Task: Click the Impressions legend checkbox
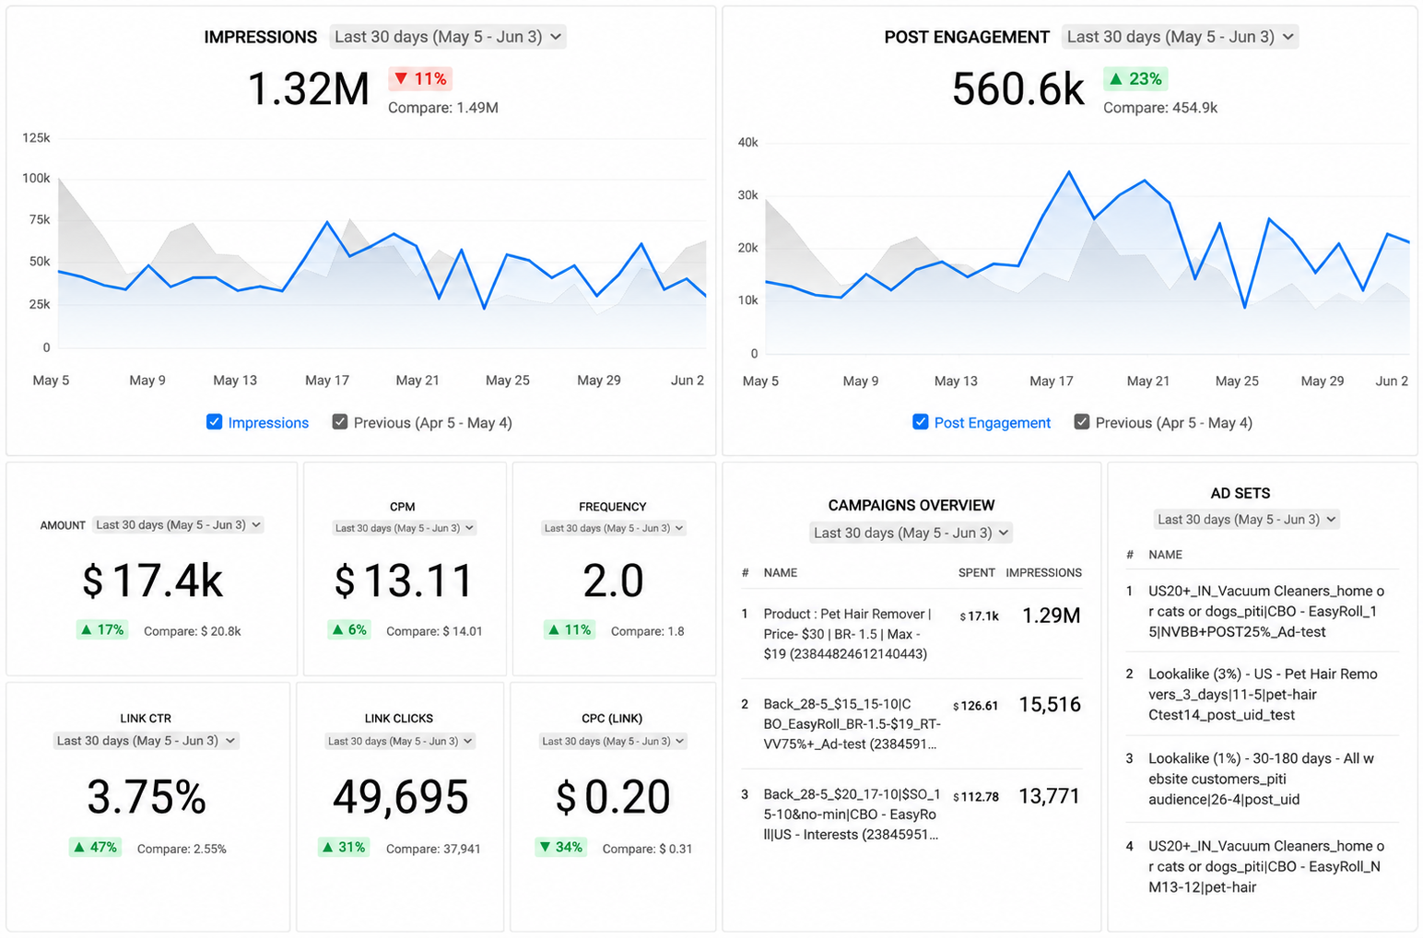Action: [214, 422]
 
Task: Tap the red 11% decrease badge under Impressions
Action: [420, 78]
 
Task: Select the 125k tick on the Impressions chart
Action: [36, 138]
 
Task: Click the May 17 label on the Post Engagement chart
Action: [1051, 381]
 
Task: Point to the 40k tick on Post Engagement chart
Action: [747, 142]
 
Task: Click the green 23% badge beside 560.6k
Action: [1135, 78]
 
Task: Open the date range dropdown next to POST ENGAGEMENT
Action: [1180, 37]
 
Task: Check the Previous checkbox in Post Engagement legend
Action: [1081, 422]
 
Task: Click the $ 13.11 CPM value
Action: [404, 580]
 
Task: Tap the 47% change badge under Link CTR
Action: [95, 847]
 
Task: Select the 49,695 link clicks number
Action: [400, 796]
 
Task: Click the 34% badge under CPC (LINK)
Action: [560, 847]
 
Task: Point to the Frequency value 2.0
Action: [613, 580]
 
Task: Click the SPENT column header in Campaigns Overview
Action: [976, 572]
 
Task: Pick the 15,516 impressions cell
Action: [1050, 704]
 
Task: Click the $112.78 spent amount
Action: [976, 796]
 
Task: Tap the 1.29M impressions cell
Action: [1051, 615]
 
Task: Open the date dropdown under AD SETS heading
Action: [1246, 520]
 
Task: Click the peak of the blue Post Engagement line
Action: [1069, 171]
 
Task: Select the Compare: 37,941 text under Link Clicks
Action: [433, 849]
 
